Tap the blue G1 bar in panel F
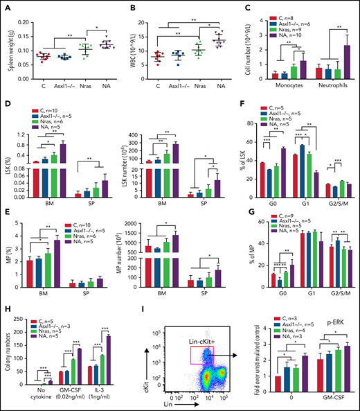coord(314,166)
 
